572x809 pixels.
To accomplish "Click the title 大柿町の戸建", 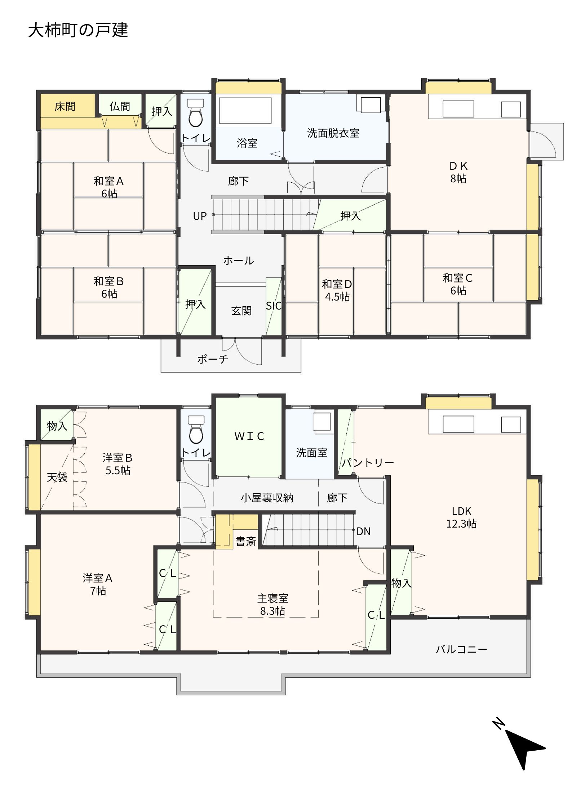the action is click(x=78, y=30).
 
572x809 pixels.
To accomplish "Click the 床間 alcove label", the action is click(x=65, y=106).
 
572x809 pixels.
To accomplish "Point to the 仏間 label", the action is click(x=120, y=106).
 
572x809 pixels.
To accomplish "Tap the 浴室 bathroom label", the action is click(x=247, y=143).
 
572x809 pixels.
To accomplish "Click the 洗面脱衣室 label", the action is click(x=333, y=133).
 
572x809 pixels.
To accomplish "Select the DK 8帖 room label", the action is click(x=458, y=172).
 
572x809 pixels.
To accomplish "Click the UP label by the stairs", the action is click(x=200, y=216).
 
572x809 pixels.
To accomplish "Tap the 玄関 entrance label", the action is click(x=241, y=311).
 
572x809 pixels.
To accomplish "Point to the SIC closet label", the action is click(x=274, y=306).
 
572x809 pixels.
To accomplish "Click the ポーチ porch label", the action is click(x=213, y=359).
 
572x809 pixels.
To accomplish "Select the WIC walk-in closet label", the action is click(x=249, y=436).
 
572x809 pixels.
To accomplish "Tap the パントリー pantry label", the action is click(x=368, y=462).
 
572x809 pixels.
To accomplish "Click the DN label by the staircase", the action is click(x=363, y=532).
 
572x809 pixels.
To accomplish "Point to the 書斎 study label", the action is click(x=245, y=541).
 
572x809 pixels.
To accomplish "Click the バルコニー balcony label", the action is click(x=461, y=649).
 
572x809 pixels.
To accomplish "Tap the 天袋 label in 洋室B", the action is click(x=57, y=477).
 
